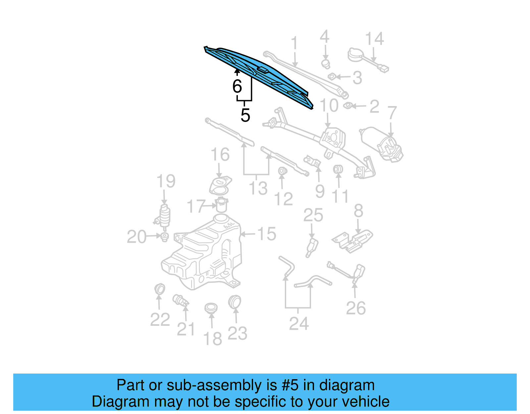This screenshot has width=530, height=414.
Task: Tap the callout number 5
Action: click(245, 115)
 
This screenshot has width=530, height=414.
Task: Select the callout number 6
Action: click(237, 86)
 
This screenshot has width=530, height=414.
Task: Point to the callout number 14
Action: click(374, 39)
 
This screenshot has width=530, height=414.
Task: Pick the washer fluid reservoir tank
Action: click(202, 255)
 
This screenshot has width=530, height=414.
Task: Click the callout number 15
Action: click(267, 234)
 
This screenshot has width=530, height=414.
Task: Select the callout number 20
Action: click(136, 237)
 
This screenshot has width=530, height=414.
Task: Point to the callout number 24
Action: click(299, 324)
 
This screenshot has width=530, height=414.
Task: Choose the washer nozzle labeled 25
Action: click(312, 247)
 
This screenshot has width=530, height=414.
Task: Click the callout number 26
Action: click(356, 308)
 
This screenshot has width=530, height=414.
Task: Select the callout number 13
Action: click(258, 188)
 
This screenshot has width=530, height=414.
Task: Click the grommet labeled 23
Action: click(235, 302)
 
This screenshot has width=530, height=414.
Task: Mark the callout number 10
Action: click(329, 106)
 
